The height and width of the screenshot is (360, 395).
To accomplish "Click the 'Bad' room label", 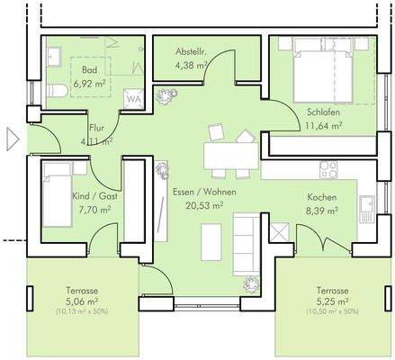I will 88,68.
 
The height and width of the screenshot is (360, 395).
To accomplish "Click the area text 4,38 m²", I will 190,64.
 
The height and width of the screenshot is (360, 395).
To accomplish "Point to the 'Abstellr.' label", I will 191,52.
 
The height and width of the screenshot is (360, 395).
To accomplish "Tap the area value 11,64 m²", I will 324,125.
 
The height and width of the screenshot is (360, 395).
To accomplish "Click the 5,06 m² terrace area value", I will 82,303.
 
